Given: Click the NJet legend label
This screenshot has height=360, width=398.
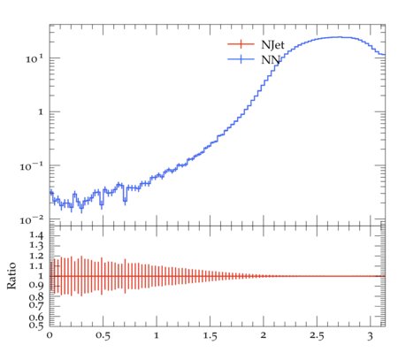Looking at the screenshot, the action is pyautogui.click(x=272, y=45).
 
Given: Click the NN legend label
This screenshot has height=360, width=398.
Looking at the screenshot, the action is pyautogui.click(x=271, y=60).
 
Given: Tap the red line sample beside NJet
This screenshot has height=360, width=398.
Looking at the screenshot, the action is pyautogui.click(x=241, y=44).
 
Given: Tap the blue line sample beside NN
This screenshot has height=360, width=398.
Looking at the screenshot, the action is pyautogui.click(x=241, y=59).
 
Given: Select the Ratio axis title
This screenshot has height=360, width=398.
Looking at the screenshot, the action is pyautogui.click(x=11, y=276).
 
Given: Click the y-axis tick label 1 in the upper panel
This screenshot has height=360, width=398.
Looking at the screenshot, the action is pyautogui.click(x=41, y=112).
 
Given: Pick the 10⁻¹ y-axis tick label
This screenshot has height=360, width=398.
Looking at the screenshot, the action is pyautogui.click(x=31, y=167).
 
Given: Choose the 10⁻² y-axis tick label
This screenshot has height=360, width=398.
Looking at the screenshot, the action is pyautogui.click(x=31, y=220).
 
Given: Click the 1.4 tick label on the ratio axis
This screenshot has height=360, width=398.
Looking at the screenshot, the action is pyautogui.click(x=36, y=235).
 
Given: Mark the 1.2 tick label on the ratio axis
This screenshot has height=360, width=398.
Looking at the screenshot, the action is pyautogui.click(x=36, y=256).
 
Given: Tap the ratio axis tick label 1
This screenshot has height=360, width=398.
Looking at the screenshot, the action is pyautogui.click(x=41, y=276).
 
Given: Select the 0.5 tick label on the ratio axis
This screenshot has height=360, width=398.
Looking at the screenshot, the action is pyautogui.click(x=36, y=325).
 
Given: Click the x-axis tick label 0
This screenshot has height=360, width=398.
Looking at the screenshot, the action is pyautogui.click(x=50, y=335).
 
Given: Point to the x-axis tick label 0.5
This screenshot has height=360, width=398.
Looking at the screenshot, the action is pyautogui.click(x=103, y=336).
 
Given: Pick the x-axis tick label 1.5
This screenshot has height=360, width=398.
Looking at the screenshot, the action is pyautogui.click(x=210, y=336).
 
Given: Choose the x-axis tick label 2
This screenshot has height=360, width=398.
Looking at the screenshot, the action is pyautogui.click(x=264, y=335).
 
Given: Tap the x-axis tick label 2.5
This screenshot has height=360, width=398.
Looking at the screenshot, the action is pyautogui.click(x=317, y=336).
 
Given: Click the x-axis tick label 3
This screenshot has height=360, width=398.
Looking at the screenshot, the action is pyautogui.click(x=370, y=336).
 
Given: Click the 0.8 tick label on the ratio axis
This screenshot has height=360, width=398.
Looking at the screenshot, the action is pyautogui.click(x=36, y=296).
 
